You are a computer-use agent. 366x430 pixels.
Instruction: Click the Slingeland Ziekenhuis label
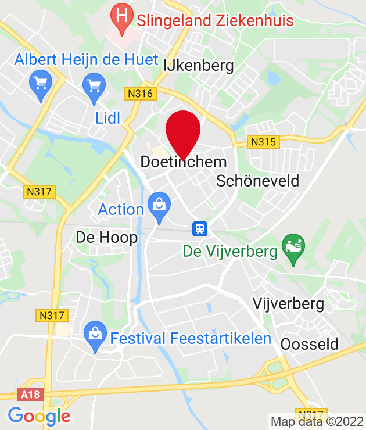[x=215, y=20]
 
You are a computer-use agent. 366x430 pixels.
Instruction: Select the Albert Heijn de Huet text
[x=86, y=59]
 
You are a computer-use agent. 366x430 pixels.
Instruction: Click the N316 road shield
[x=140, y=93]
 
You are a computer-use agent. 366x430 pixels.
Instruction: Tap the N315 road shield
[x=264, y=141]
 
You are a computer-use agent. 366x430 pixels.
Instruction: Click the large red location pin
[x=183, y=132]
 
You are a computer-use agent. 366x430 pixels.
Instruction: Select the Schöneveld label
[x=257, y=181]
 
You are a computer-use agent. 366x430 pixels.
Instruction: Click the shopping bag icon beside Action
[x=159, y=204]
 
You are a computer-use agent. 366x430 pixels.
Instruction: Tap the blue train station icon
[x=199, y=228]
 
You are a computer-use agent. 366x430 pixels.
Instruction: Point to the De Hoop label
[x=107, y=237]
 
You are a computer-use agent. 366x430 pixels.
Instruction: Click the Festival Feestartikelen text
[x=191, y=338]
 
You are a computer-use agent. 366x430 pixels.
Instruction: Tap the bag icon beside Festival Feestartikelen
[x=94, y=334]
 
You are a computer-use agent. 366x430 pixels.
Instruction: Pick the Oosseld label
[x=309, y=344]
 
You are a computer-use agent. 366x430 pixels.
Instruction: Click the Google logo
[x=39, y=416]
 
